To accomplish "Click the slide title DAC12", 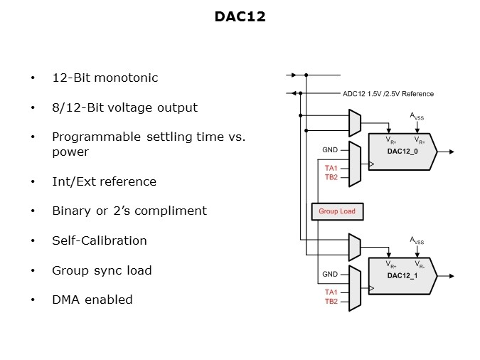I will pos(240,16).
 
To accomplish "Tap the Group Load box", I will pos(337,211).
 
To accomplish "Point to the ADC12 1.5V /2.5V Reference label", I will pos(388,93).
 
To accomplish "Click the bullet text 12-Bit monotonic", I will pos(105,78).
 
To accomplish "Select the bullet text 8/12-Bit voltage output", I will pos(124,108).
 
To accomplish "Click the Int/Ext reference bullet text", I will pos(104,181).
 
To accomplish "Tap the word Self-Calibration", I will pos(100,240).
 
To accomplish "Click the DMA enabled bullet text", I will pos(92,300).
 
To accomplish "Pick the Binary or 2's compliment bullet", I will pos(129,211).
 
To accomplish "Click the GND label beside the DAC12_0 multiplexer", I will pos(330,150).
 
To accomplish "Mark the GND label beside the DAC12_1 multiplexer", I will pos(330,274).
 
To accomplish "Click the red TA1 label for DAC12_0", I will pos(331,168).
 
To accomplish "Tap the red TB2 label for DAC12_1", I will pos(331,302).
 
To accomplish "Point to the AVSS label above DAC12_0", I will pos(417,116).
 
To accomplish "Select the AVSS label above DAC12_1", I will pos(417,240).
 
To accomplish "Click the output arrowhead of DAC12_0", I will pos(453,152).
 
